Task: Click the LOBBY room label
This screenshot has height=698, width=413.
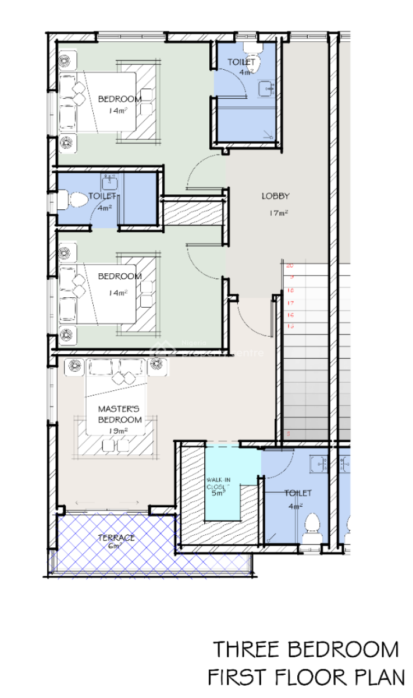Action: coord(275,196)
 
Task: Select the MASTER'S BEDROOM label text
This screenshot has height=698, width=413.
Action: coord(119,414)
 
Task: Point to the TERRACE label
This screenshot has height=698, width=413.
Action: coord(116,537)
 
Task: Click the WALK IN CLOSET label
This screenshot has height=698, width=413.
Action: coord(219,482)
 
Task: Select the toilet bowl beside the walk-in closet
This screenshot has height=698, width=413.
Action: coord(313,523)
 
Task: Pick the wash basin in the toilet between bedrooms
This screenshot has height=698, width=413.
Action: coord(109,182)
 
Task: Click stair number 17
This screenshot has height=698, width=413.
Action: coord(290,303)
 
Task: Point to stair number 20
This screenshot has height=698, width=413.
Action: coord(290,265)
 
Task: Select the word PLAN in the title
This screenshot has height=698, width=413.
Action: coord(381,677)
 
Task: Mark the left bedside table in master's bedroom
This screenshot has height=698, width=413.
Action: coord(74,364)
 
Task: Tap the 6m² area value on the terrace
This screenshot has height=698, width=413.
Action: coord(114,546)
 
